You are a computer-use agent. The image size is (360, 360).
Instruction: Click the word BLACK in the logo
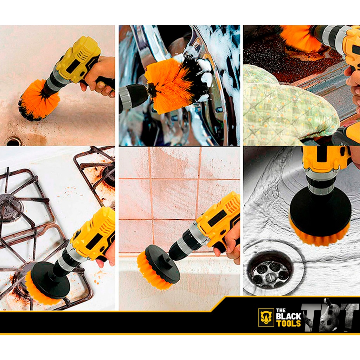(x=288, y=316)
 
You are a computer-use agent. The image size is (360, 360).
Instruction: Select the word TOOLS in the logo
(x=288, y=323)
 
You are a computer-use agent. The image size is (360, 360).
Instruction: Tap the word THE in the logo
(x=281, y=310)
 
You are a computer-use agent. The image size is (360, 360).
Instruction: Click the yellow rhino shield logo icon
(x=266, y=317)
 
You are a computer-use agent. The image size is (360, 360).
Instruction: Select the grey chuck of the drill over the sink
(x=320, y=181)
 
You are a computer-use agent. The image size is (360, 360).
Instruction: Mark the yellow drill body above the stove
(x=94, y=232)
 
